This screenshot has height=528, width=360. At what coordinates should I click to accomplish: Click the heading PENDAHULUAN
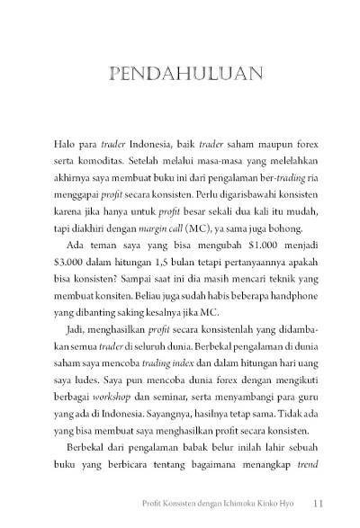click(x=180, y=71)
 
